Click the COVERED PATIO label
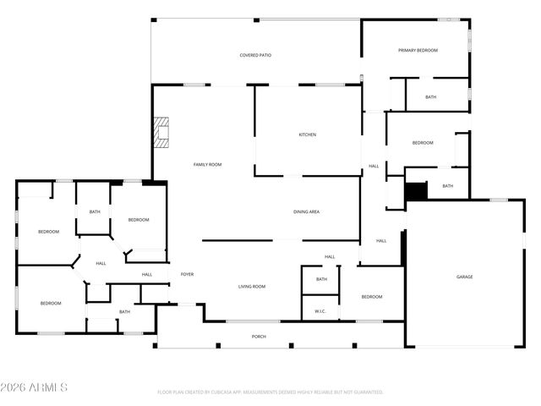click(255, 55)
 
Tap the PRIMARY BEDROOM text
click(418, 51)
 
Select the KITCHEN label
click(307, 134)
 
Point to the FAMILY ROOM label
click(207, 164)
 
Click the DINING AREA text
click(306, 211)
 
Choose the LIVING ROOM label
click(250, 287)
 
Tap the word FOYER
click(187, 274)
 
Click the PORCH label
click(259, 337)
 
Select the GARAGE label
click(465, 277)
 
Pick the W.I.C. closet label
click(320, 310)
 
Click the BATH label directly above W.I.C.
click(321, 279)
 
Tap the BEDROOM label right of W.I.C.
click(372, 297)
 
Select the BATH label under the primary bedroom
click(431, 97)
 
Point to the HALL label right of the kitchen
click(374, 166)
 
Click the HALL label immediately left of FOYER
click(147, 274)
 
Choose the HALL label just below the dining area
click(330, 257)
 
